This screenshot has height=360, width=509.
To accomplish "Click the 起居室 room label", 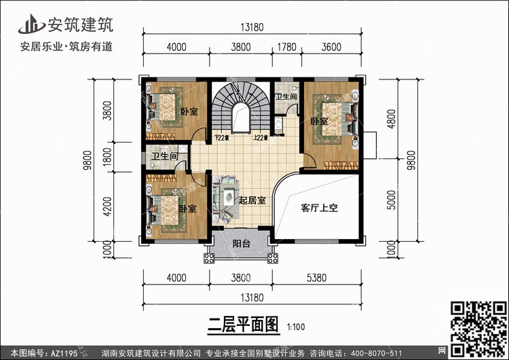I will (x=251, y=200).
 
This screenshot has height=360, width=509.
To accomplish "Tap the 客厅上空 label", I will (x=319, y=209).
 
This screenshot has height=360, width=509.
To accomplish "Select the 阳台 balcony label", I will (x=240, y=243).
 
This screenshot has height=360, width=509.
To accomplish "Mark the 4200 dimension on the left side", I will (x=107, y=204).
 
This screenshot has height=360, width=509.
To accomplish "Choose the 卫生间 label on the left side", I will (x=165, y=156).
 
